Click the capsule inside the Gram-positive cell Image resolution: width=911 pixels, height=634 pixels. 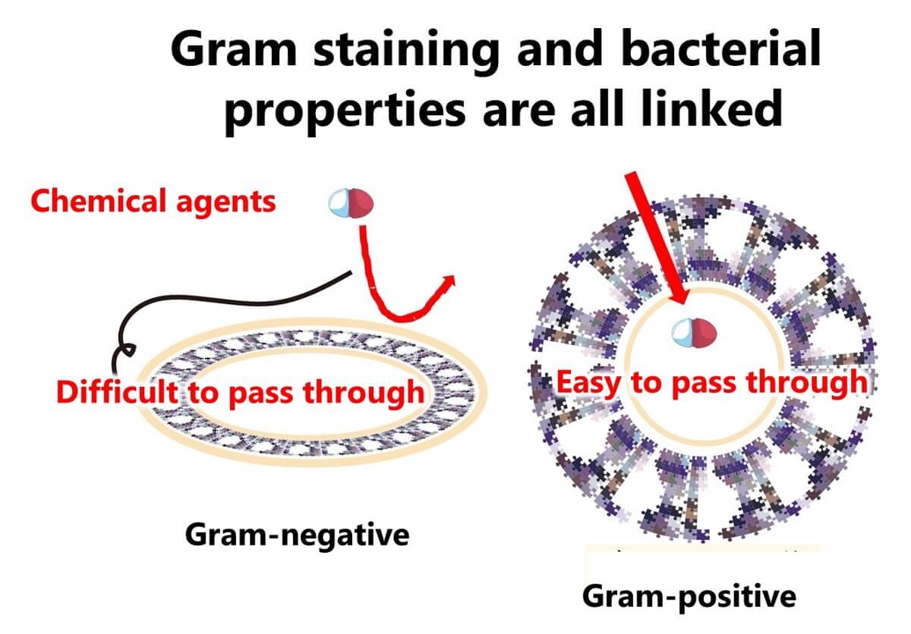tap(694, 331)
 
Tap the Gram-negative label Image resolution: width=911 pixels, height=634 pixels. tap(297, 535)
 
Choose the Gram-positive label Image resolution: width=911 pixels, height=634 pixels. tap(689, 597)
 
